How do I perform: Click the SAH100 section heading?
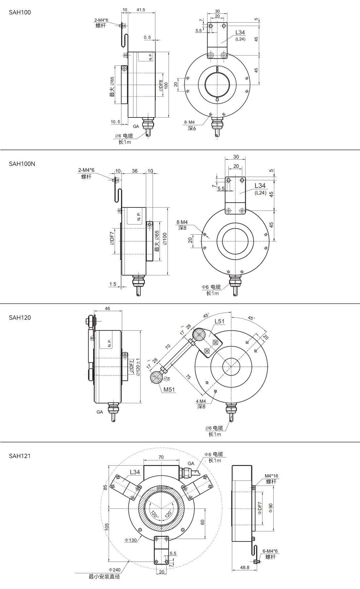click(x=20, y=12)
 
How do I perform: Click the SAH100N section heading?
click(x=22, y=164)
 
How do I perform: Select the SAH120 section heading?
click(x=20, y=318)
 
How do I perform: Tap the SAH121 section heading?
click(x=20, y=456)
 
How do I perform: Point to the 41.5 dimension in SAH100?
click(x=141, y=10)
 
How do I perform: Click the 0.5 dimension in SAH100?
click(x=147, y=37)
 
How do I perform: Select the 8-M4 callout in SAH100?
click(x=189, y=122)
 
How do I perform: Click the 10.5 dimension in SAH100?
click(x=115, y=122)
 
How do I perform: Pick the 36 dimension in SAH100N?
click(x=135, y=171)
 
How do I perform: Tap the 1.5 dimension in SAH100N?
click(x=113, y=284)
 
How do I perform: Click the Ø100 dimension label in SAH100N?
click(x=165, y=239)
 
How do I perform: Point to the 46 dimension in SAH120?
click(x=107, y=308)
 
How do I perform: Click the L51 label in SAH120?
click(x=220, y=321)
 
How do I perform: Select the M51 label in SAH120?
click(x=169, y=389)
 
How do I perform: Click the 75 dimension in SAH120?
click(x=188, y=377)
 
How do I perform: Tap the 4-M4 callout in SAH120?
click(x=201, y=401)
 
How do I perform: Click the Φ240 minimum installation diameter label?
click(x=115, y=570)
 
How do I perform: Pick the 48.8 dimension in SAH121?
click(x=245, y=567)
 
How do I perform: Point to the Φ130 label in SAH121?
click(x=131, y=540)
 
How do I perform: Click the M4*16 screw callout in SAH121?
click(x=271, y=476)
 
